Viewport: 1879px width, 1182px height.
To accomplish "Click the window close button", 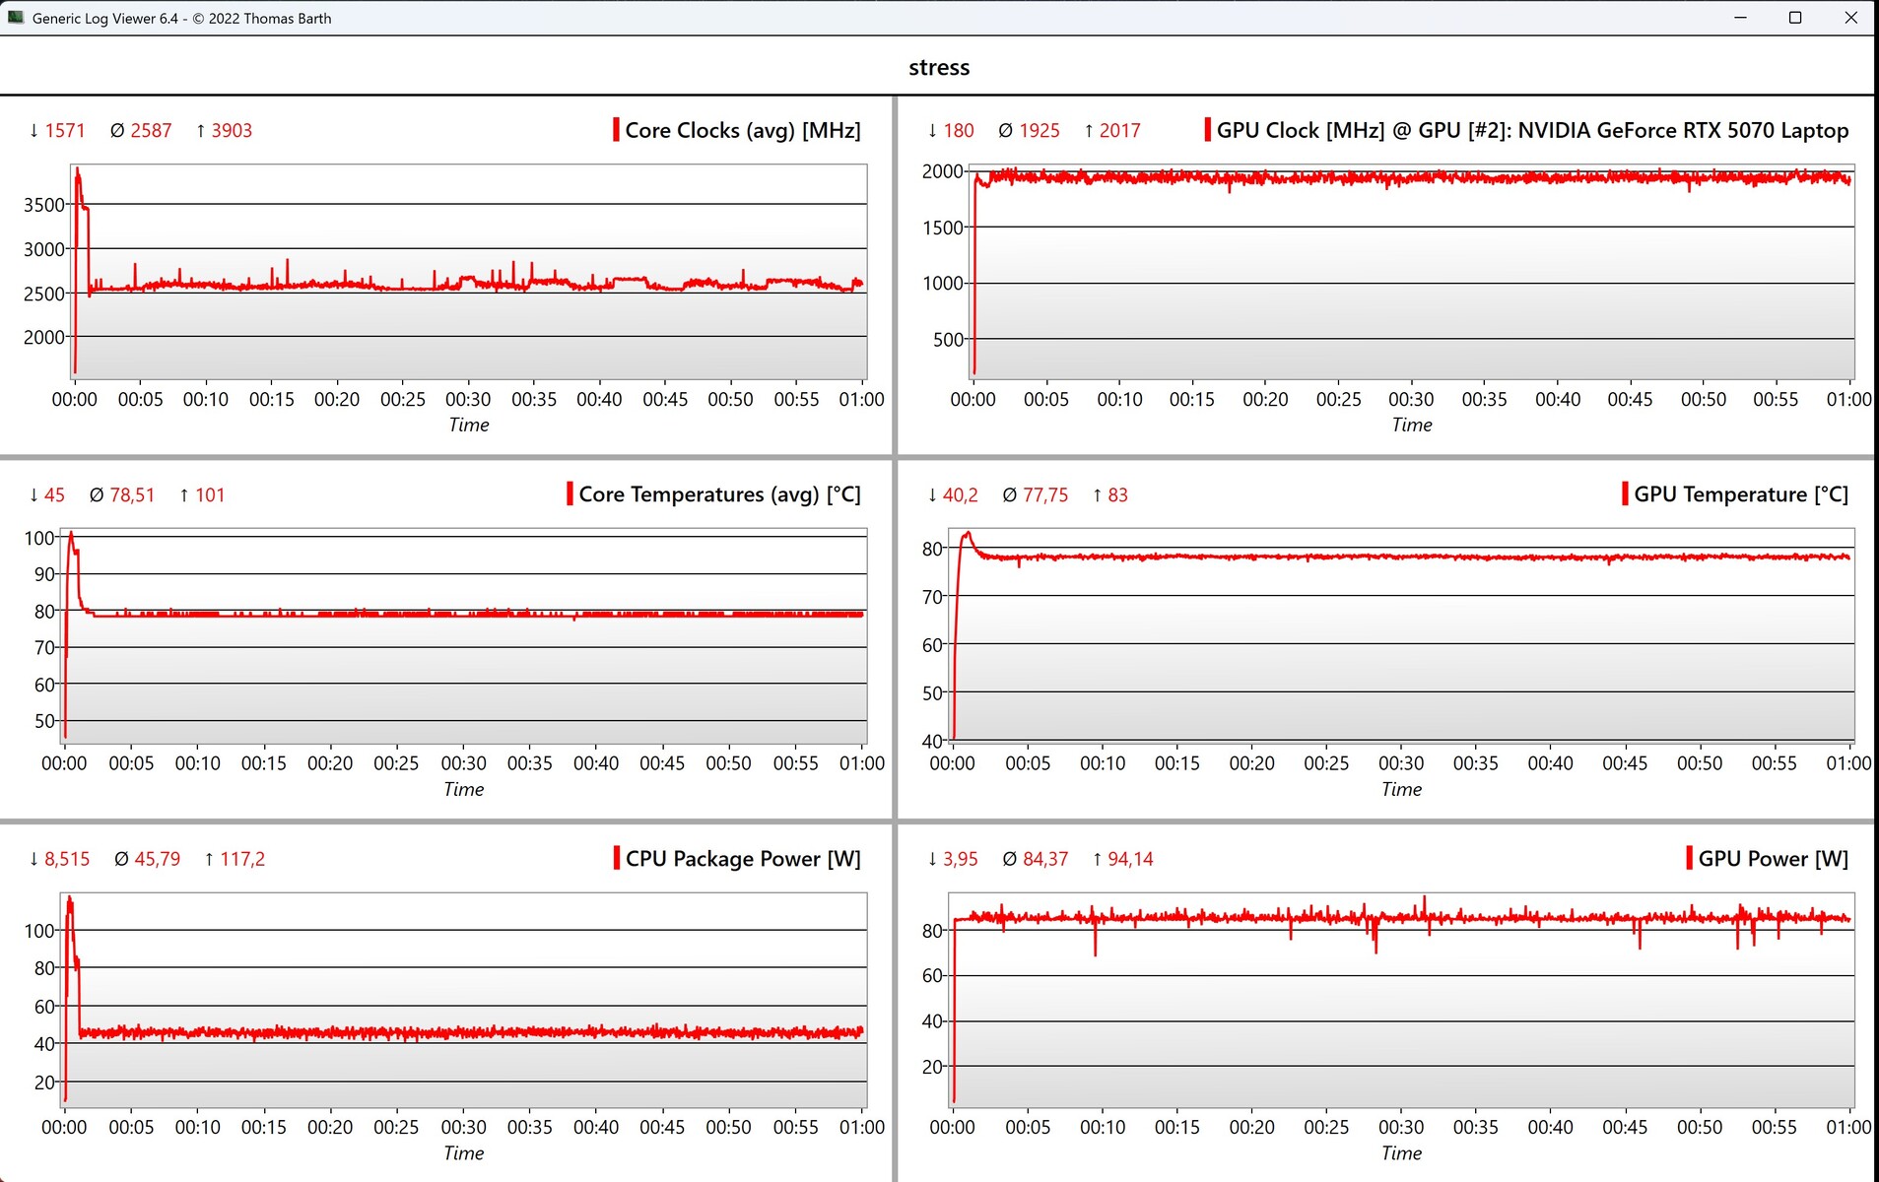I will pos(1850,18).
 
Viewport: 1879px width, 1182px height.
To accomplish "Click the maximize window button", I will pos(1795,18).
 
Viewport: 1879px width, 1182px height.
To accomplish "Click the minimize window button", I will pos(1740,18).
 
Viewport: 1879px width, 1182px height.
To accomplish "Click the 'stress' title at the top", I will pos(939,67).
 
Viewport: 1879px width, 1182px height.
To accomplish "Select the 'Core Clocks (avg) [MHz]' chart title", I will pos(742,130).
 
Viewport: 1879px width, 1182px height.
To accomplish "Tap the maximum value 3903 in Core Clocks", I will pos(232,130).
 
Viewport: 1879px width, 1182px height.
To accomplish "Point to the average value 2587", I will pos(151,130).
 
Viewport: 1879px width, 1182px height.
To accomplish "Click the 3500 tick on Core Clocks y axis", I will pos(43,205).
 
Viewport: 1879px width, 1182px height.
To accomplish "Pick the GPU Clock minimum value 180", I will pos(958,130).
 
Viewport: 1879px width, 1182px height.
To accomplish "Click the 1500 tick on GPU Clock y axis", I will pos(942,228).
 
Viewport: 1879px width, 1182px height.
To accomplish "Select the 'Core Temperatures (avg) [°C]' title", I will pos(719,494).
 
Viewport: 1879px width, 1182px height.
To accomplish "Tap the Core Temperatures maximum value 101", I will pos(210,494).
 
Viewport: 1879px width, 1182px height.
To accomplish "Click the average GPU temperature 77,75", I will pos(1045,494).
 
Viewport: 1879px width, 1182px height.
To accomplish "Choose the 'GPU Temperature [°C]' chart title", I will pos(1740,494).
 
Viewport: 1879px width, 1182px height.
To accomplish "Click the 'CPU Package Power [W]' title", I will pos(742,859).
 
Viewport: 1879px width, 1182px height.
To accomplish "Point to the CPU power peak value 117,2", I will pos(242,859).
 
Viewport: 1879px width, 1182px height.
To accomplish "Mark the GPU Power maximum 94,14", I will pos(1130,859).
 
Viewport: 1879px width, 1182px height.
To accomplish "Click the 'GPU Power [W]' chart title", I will pos(1773,859).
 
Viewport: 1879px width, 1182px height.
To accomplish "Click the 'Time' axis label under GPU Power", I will pos(1401,1153).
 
